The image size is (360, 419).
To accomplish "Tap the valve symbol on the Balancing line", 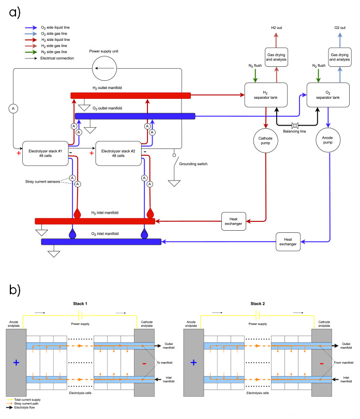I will tap(297, 126).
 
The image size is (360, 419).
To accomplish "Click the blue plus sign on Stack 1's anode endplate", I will tap(16, 363).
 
